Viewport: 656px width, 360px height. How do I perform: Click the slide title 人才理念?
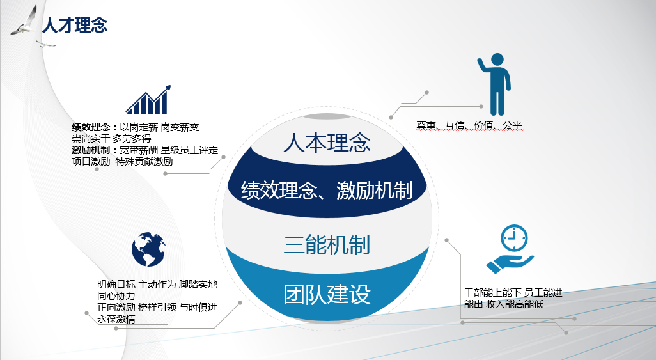coord(74,25)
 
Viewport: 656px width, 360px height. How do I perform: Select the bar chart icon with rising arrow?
coord(148,100)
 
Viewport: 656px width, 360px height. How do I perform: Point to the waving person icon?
coord(495,86)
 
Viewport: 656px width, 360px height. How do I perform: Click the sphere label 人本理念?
coord(327,143)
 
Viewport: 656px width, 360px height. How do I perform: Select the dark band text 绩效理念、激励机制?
coord(327,190)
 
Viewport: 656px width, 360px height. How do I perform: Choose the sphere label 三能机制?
coord(327,245)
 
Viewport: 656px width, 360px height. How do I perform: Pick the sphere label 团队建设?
coord(327,295)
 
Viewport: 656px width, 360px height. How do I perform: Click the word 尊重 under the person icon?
coord(426,125)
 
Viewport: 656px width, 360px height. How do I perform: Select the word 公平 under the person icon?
coord(513,125)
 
